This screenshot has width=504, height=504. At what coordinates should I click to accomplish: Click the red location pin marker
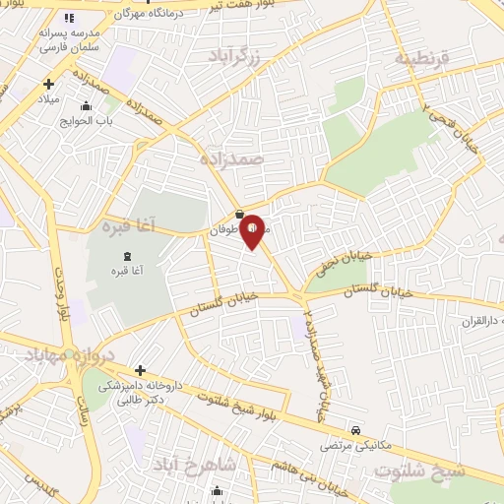[x=253, y=230]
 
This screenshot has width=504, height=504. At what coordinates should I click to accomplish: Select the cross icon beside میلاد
[x=47, y=85]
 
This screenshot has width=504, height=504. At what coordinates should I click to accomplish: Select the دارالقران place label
[x=482, y=322]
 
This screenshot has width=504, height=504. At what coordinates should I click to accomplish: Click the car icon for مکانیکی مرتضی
[x=355, y=430]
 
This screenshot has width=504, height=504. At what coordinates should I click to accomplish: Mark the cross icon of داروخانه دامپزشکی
[x=140, y=371]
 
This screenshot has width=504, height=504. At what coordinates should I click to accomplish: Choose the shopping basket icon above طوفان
[x=239, y=215]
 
